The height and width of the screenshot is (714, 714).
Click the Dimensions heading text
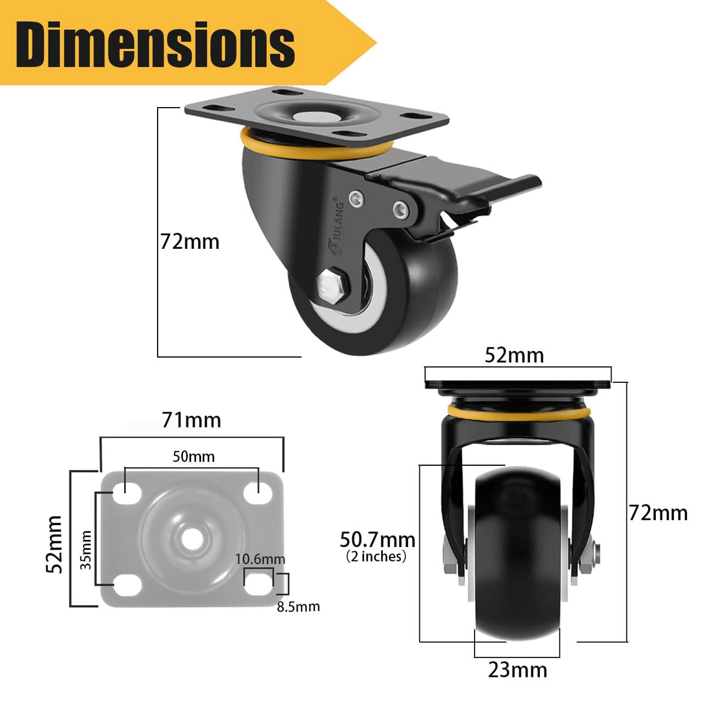(155, 44)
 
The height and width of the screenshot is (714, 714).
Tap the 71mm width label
(191, 420)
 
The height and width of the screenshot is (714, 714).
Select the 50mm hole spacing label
(193, 456)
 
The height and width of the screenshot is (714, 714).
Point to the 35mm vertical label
(86, 550)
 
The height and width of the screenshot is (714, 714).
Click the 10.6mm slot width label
(260, 559)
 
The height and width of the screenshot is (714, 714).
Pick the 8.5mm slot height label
(298, 606)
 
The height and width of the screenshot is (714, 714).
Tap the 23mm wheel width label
(518, 670)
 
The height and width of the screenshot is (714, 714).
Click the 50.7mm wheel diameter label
(378, 539)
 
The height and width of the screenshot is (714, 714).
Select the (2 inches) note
(376, 556)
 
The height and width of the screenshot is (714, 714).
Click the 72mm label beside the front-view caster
(658, 513)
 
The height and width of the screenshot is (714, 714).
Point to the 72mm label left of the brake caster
(190, 242)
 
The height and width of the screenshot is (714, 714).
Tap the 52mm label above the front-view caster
(514, 355)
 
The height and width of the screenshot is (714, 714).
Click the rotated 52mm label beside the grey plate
(55, 544)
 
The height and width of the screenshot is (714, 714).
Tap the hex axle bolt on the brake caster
(332, 287)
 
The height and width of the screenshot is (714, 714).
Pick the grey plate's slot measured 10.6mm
(258, 583)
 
